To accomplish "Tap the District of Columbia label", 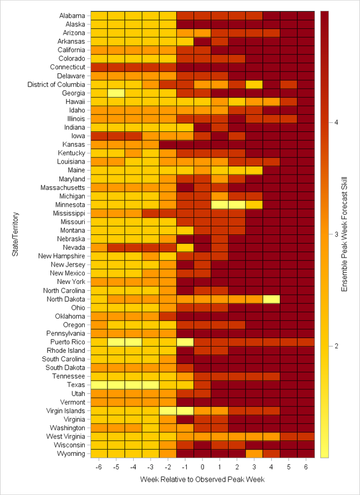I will (x=56, y=84).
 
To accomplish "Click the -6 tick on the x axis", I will (x=99, y=467).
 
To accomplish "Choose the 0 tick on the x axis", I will (x=203, y=467).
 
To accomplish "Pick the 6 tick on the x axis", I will (x=306, y=467).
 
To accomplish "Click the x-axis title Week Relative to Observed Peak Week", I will (x=202, y=480).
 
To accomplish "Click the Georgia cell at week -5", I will (x=116, y=93).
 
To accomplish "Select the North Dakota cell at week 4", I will (x=271, y=299).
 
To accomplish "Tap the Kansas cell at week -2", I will (x=168, y=144).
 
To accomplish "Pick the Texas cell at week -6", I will (x=99, y=385).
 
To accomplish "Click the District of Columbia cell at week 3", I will (x=254, y=84).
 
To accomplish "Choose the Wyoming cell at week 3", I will (x=254, y=453).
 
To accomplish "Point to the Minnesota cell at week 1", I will (x=219, y=204).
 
